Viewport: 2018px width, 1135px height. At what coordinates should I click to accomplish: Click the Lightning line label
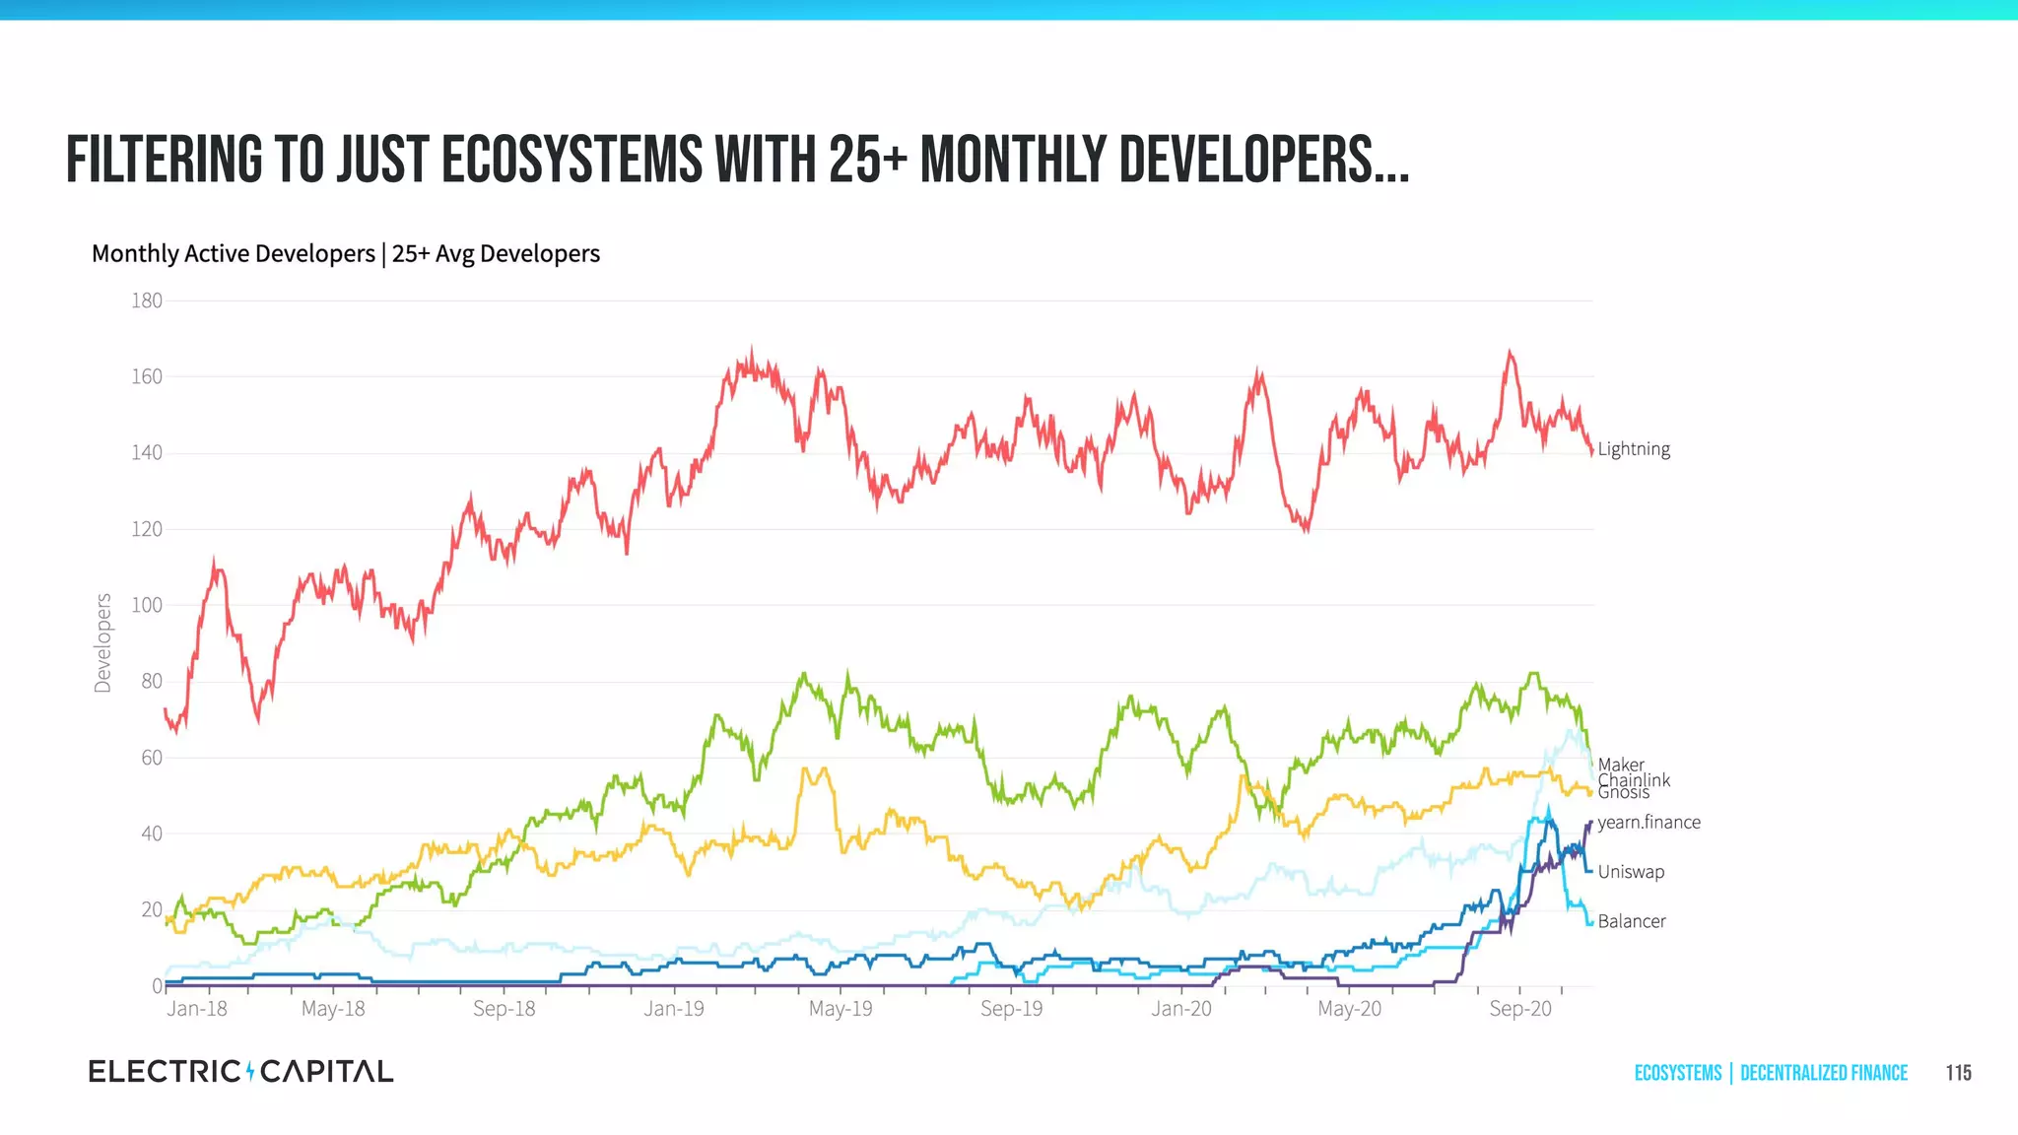(x=1633, y=449)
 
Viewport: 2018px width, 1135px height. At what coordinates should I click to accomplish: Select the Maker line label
(x=1620, y=765)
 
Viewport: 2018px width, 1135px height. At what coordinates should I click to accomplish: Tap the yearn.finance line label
(x=1648, y=822)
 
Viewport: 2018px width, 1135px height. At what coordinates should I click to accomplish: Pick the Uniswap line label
(x=1631, y=872)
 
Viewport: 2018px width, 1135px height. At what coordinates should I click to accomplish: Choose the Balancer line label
(x=1631, y=921)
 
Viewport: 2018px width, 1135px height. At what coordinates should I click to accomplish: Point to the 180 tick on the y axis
(x=147, y=300)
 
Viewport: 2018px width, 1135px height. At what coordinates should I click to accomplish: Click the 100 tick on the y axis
(x=147, y=605)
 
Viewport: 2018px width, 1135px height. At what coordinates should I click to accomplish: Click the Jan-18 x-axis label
(x=196, y=1009)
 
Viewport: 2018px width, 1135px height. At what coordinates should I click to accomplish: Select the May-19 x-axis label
(x=841, y=1009)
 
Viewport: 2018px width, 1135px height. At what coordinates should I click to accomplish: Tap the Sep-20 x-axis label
(x=1519, y=1009)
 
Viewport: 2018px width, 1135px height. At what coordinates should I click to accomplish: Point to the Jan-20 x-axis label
(x=1180, y=1009)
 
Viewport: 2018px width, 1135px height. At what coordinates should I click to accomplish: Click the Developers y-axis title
(x=102, y=642)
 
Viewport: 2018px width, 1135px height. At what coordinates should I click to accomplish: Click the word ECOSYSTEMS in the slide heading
(x=572, y=160)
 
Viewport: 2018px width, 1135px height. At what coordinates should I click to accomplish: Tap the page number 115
(x=1958, y=1073)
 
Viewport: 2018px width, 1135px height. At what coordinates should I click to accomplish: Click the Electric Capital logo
(x=240, y=1071)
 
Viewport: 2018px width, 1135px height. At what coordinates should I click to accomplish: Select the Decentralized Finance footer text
(x=1823, y=1073)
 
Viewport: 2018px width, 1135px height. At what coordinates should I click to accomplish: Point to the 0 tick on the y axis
(x=157, y=985)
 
